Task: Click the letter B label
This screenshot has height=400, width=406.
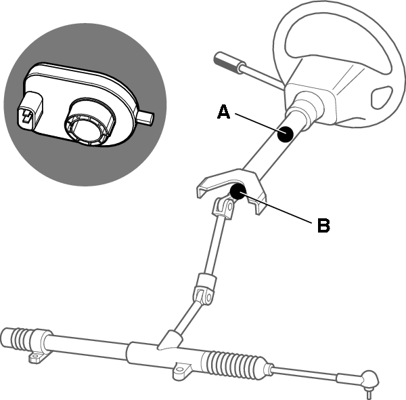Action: [323, 225]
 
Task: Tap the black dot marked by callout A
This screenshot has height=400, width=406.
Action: [285, 135]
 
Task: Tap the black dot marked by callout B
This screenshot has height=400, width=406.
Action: [238, 192]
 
